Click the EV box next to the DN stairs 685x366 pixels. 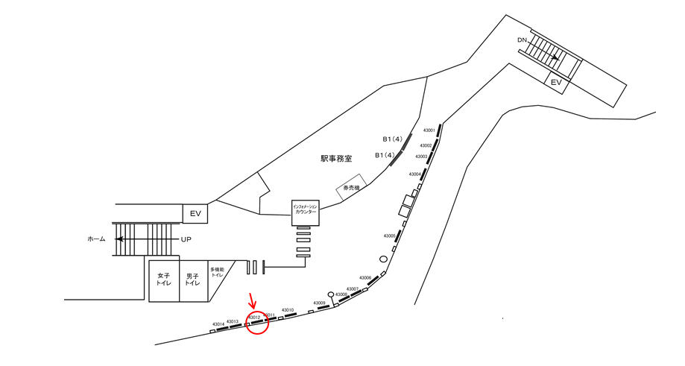555,83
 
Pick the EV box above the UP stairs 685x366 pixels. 195,214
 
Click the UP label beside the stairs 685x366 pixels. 187,239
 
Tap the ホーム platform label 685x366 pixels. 96,239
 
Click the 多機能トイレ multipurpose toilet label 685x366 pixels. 217,273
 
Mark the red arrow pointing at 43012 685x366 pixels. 252,301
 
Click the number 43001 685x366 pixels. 429,130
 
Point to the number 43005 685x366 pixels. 390,236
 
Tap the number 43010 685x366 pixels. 287,310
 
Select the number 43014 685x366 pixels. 218,324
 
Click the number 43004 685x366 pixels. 414,174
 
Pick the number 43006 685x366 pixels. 365,277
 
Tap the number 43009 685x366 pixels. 319,303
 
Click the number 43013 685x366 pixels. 232,321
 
